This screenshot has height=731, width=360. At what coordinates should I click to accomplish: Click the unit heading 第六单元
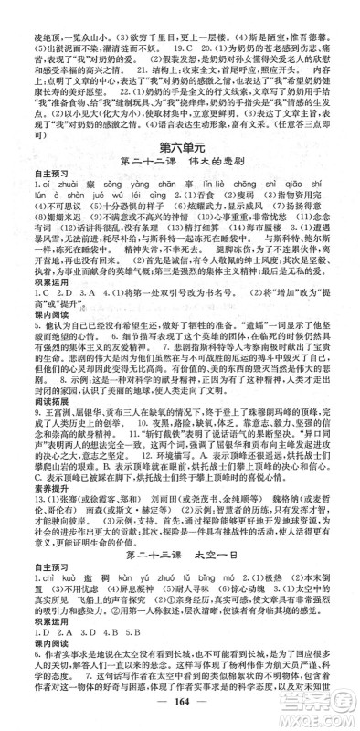[179, 149]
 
